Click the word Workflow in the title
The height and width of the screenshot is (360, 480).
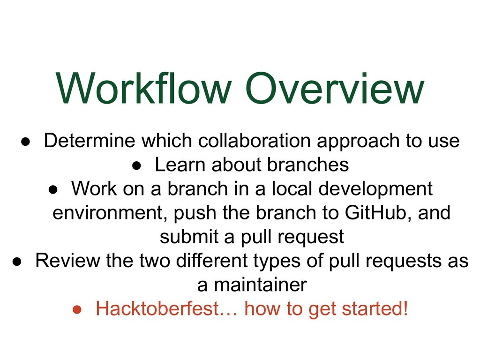[x=143, y=88]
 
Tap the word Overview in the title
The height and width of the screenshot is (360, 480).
[x=335, y=88]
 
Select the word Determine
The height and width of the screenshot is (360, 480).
[x=90, y=141]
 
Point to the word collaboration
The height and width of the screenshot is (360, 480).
[x=254, y=141]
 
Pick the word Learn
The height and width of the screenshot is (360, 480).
[x=180, y=165]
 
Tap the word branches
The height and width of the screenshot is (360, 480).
[x=308, y=165]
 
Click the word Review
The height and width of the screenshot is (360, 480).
[x=67, y=261]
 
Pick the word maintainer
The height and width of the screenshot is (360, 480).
[x=260, y=285]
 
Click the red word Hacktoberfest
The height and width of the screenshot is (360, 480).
[x=157, y=308]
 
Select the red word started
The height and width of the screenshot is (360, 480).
[x=375, y=308]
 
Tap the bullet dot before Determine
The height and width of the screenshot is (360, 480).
[x=25, y=142]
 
